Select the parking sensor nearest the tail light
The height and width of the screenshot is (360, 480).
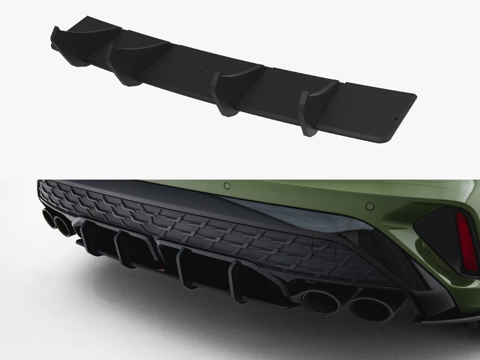(x=370, y=206)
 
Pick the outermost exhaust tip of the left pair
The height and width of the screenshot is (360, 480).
(x=49, y=219)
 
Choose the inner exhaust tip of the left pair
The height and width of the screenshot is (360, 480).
(x=64, y=226)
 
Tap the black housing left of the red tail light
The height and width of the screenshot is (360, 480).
(x=434, y=235)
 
